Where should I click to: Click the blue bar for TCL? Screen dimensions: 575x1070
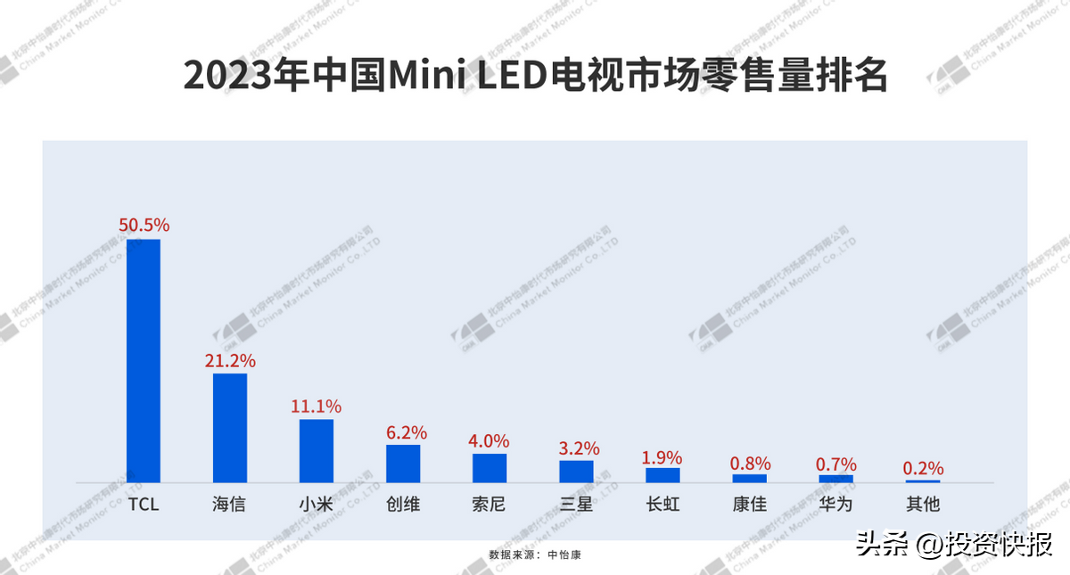(x=144, y=361)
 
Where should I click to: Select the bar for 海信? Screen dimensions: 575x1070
(x=230, y=428)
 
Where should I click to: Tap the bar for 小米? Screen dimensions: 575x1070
(x=317, y=451)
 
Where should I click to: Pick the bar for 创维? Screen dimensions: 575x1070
(x=403, y=464)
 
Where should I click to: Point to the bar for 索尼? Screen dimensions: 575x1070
(x=490, y=468)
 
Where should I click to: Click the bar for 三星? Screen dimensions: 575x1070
(x=576, y=471)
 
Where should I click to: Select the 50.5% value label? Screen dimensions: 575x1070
(x=144, y=226)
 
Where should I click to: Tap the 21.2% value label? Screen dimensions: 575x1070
(x=230, y=361)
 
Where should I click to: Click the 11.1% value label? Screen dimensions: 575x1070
(x=317, y=407)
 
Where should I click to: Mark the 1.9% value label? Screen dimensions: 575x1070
(x=663, y=457)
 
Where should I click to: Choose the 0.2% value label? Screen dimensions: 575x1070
(x=923, y=469)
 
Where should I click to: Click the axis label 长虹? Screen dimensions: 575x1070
(x=663, y=505)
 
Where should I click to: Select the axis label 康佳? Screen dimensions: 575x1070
(x=750, y=505)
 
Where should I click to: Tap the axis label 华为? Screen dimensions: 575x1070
(x=836, y=505)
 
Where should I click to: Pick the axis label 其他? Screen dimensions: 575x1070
(x=923, y=505)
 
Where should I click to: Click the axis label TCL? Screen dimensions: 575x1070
(x=144, y=505)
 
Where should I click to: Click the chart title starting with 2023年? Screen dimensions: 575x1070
(x=535, y=76)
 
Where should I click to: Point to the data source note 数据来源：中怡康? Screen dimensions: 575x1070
(x=535, y=554)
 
